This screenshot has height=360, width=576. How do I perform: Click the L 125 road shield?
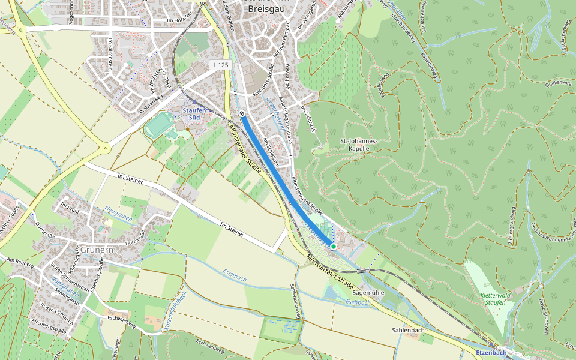[221, 64]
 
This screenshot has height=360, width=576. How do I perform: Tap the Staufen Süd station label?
[194, 114]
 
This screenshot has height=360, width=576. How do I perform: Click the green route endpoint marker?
[334, 247]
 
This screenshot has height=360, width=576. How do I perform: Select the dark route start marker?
[242, 113]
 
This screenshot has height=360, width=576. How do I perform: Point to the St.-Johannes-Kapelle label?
[358, 145]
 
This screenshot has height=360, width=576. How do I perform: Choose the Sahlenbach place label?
[408, 330]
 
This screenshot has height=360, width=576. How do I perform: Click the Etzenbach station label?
[491, 352]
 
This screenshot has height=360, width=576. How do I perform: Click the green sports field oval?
[158, 125]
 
